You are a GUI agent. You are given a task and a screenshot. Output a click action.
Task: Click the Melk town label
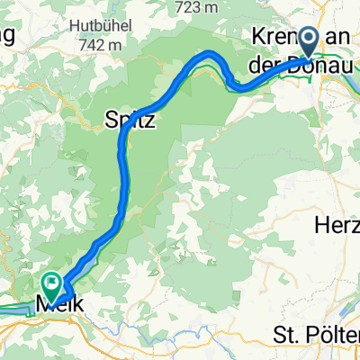point(60,306)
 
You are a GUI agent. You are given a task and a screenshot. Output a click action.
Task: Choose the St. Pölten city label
point(316,335)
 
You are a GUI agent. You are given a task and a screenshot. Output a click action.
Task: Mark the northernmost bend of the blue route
point(213,54)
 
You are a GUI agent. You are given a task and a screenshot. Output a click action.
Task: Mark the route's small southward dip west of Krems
point(234,86)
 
